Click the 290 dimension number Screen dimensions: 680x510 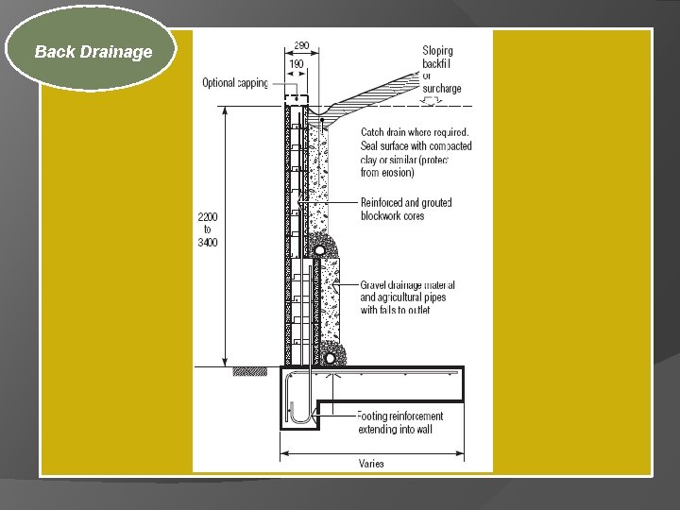pos(301,44)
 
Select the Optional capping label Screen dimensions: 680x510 pos(235,83)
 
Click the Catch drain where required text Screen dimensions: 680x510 pos(415,132)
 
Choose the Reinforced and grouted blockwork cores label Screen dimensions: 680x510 pos(406,209)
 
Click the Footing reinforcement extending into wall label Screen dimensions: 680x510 pos(400,422)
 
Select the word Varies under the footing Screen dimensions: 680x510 pos(371,463)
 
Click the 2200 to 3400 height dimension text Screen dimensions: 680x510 pos(208,229)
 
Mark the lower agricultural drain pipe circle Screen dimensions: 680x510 pos(330,357)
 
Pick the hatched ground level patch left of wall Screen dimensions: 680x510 pos(250,371)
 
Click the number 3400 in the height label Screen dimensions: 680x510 pos(208,243)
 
